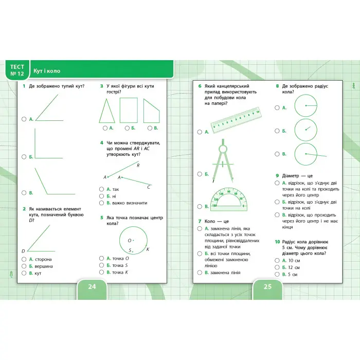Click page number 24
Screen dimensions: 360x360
[x=92, y=287]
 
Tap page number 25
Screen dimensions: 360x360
[x=267, y=287]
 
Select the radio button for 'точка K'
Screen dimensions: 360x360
[x=102, y=272]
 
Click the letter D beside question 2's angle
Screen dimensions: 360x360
[x=23, y=251]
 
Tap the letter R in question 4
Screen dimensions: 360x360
[x=138, y=166]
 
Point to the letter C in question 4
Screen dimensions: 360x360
[x=149, y=187]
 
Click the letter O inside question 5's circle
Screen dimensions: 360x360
[x=129, y=240]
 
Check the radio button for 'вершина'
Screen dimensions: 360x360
[x=24, y=266]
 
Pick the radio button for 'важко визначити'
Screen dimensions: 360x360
[x=102, y=203]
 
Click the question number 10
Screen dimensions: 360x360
[x=277, y=241]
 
